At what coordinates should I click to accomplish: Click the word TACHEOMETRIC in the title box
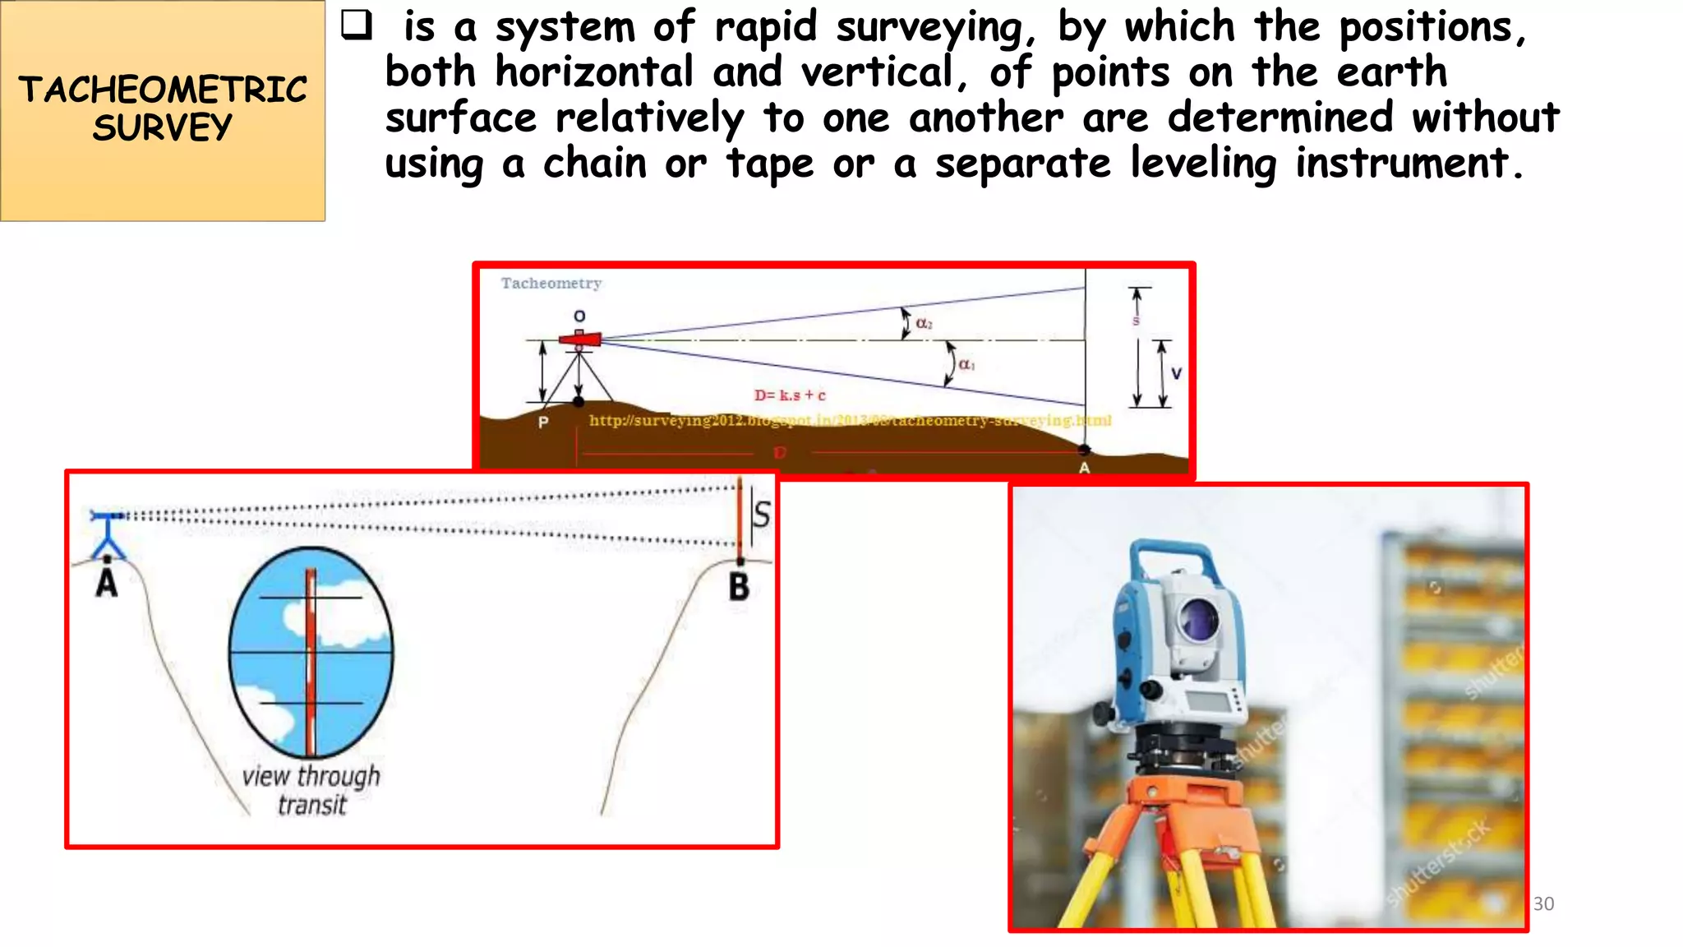pyautogui.click(x=163, y=89)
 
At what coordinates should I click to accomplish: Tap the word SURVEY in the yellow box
pyautogui.click(x=163, y=127)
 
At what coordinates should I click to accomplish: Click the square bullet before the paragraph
pyautogui.click(x=356, y=25)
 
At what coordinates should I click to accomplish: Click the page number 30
pyautogui.click(x=1543, y=903)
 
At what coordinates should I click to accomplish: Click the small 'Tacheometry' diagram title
pyautogui.click(x=551, y=284)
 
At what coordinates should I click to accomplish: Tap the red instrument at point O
pyautogui.click(x=580, y=339)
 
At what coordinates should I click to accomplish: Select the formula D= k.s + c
pyautogui.click(x=790, y=395)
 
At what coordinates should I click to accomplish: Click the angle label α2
pyautogui.click(x=924, y=324)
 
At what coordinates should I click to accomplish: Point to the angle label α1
pyautogui.click(x=967, y=364)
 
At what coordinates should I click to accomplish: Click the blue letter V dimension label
pyautogui.click(x=1176, y=373)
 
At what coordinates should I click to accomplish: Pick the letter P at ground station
pyautogui.click(x=543, y=423)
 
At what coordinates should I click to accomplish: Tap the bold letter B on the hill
pyautogui.click(x=739, y=587)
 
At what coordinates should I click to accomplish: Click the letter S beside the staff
pyautogui.click(x=762, y=515)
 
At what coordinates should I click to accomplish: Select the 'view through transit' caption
pyautogui.click(x=311, y=790)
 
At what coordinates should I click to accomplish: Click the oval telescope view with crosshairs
pyautogui.click(x=311, y=652)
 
